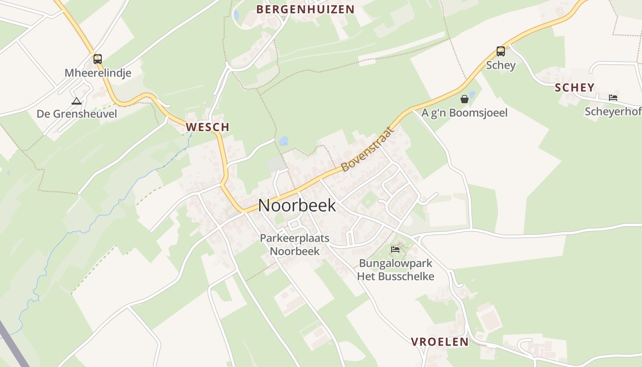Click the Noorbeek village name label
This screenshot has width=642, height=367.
297,206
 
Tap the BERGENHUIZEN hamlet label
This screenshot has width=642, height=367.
305,9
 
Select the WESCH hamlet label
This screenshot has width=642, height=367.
207,127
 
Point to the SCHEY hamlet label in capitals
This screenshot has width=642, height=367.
575,88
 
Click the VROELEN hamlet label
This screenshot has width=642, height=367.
440,342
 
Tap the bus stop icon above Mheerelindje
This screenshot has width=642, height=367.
98,59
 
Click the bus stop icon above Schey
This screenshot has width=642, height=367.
501,51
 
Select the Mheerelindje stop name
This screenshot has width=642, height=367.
98,73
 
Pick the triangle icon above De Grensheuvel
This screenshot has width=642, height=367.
77,101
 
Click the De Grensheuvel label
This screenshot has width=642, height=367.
77,114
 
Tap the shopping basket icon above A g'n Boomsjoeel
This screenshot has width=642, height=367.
465,99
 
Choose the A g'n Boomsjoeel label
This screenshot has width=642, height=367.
465,113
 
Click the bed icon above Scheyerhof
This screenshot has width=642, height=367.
613,97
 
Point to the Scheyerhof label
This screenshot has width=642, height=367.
613,111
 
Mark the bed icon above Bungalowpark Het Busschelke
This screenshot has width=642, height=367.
395,250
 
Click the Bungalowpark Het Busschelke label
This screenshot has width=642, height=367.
396,270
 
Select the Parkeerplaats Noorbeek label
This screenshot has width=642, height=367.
294,245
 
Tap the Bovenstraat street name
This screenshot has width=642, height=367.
368,150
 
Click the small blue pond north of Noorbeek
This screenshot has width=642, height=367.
284,141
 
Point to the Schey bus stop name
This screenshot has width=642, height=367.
501,65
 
